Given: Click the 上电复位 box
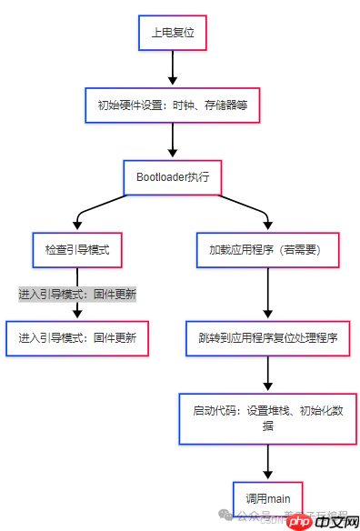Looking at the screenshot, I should click(x=172, y=32).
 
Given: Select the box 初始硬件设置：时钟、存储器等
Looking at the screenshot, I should click(x=172, y=105).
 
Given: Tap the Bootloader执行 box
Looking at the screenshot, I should click(x=172, y=176).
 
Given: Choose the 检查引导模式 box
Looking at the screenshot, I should click(x=76, y=249).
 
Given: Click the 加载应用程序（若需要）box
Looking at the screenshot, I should click(x=267, y=249).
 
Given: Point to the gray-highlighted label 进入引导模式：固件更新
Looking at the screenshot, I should click(x=77, y=295).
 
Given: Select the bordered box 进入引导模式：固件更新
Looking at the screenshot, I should click(x=77, y=337).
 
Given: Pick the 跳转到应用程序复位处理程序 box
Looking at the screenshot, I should click(x=267, y=337).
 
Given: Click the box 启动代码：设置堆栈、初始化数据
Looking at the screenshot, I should click(x=267, y=417).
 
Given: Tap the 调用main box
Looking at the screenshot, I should click(x=267, y=497).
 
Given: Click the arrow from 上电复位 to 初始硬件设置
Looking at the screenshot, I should click(x=172, y=68).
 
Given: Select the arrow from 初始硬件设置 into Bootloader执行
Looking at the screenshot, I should click(x=172, y=141).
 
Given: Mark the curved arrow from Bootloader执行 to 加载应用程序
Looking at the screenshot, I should click(x=241, y=214).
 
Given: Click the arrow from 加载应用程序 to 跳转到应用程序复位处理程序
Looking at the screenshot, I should click(x=267, y=293).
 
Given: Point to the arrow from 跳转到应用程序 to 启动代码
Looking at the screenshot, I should click(x=267, y=373).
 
